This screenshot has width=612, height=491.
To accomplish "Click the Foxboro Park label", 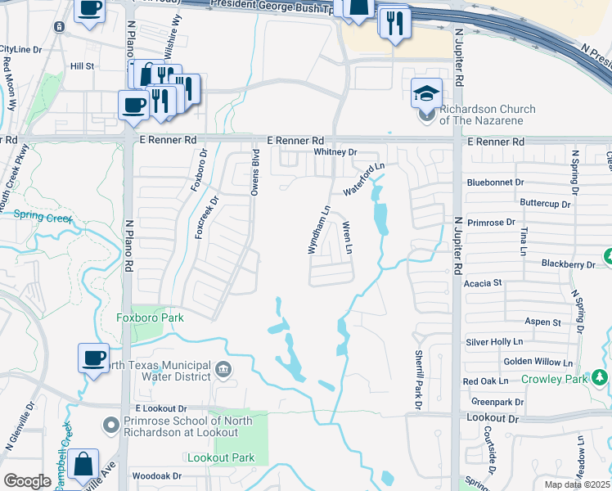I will (x=150, y=318).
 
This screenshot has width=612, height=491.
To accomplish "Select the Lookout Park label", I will (x=221, y=458).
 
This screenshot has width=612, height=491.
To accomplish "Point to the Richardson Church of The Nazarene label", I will (x=488, y=115).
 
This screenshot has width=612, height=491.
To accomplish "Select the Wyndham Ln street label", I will (x=318, y=230).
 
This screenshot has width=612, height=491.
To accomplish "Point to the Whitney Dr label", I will (x=336, y=152).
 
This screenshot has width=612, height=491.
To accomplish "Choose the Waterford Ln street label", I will (x=363, y=178).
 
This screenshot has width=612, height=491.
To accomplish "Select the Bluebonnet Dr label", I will (x=496, y=182).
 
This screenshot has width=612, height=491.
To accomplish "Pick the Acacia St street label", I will (x=483, y=283).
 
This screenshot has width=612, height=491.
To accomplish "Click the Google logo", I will (x=28, y=480).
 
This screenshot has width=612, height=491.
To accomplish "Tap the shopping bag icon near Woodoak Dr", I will (x=84, y=464).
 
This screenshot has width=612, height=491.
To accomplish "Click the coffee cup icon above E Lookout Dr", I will (x=93, y=358).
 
